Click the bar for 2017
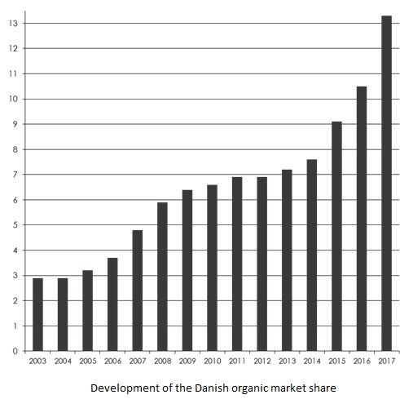[x=386, y=184]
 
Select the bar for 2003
[x=37, y=314]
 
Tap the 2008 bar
[x=162, y=277]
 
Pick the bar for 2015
[x=336, y=236]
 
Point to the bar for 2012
[x=262, y=264]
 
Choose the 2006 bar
[x=112, y=304]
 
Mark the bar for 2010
[x=212, y=268]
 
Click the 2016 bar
[x=362, y=219]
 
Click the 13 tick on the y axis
[x=13, y=24]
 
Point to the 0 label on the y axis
[x=15, y=351]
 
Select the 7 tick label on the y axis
[x=15, y=175]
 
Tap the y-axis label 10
[x=13, y=99]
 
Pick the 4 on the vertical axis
[x=15, y=251]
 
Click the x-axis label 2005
[x=88, y=361]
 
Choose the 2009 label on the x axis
[x=187, y=361]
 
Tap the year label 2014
[x=312, y=361]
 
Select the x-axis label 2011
[x=237, y=361]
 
